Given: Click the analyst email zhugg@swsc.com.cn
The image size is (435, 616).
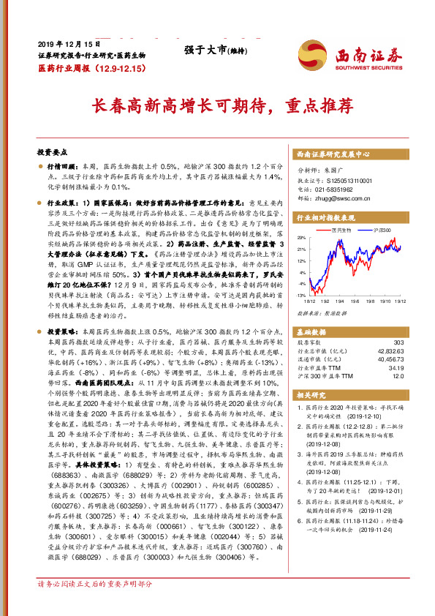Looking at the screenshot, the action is [x=338, y=197].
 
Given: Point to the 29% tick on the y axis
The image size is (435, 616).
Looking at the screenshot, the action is [x=302, y=238].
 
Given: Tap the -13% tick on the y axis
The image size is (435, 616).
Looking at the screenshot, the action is [x=302, y=295].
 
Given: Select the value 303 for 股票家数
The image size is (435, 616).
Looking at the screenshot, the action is [x=398, y=342].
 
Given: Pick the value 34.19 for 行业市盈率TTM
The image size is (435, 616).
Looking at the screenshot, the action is [x=395, y=368].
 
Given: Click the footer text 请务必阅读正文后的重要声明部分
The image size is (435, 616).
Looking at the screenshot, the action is [x=95, y=585].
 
